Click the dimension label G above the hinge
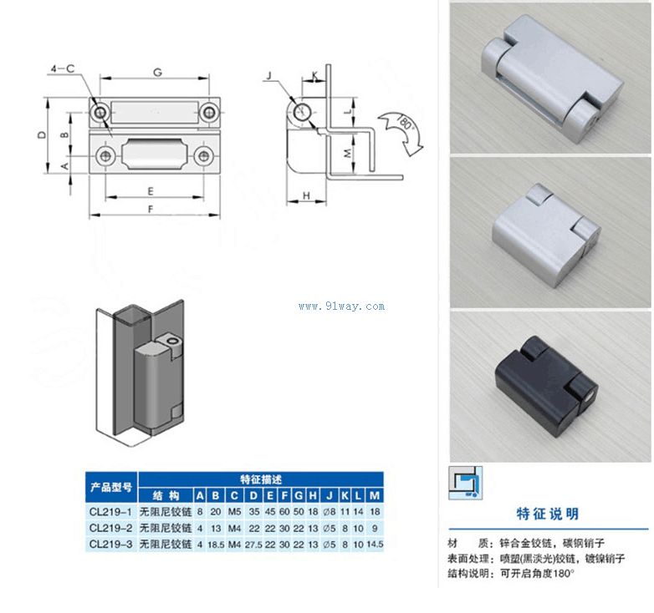click(x=156, y=72)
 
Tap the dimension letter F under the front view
click(x=151, y=209)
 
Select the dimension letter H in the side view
click(x=307, y=195)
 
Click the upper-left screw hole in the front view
click(x=101, y=112)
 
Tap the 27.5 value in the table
click(x=253, y=545)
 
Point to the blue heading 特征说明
click(x=548, y=514)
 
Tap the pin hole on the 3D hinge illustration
click(x=171, y=342)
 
